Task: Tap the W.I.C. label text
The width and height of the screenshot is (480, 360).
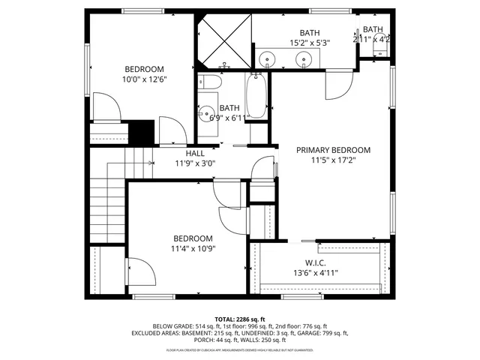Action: pos(314,262)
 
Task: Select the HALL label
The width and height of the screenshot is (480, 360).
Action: pos(195,153)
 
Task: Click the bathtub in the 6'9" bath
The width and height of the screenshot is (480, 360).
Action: pos(256,96)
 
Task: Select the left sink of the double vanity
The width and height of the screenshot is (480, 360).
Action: pos(268,57)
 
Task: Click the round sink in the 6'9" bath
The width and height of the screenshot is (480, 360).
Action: pos(206,115)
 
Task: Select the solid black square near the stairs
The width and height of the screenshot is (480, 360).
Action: pos(140,132)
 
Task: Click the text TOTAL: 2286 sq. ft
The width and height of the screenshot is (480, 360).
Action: pos(240,318)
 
